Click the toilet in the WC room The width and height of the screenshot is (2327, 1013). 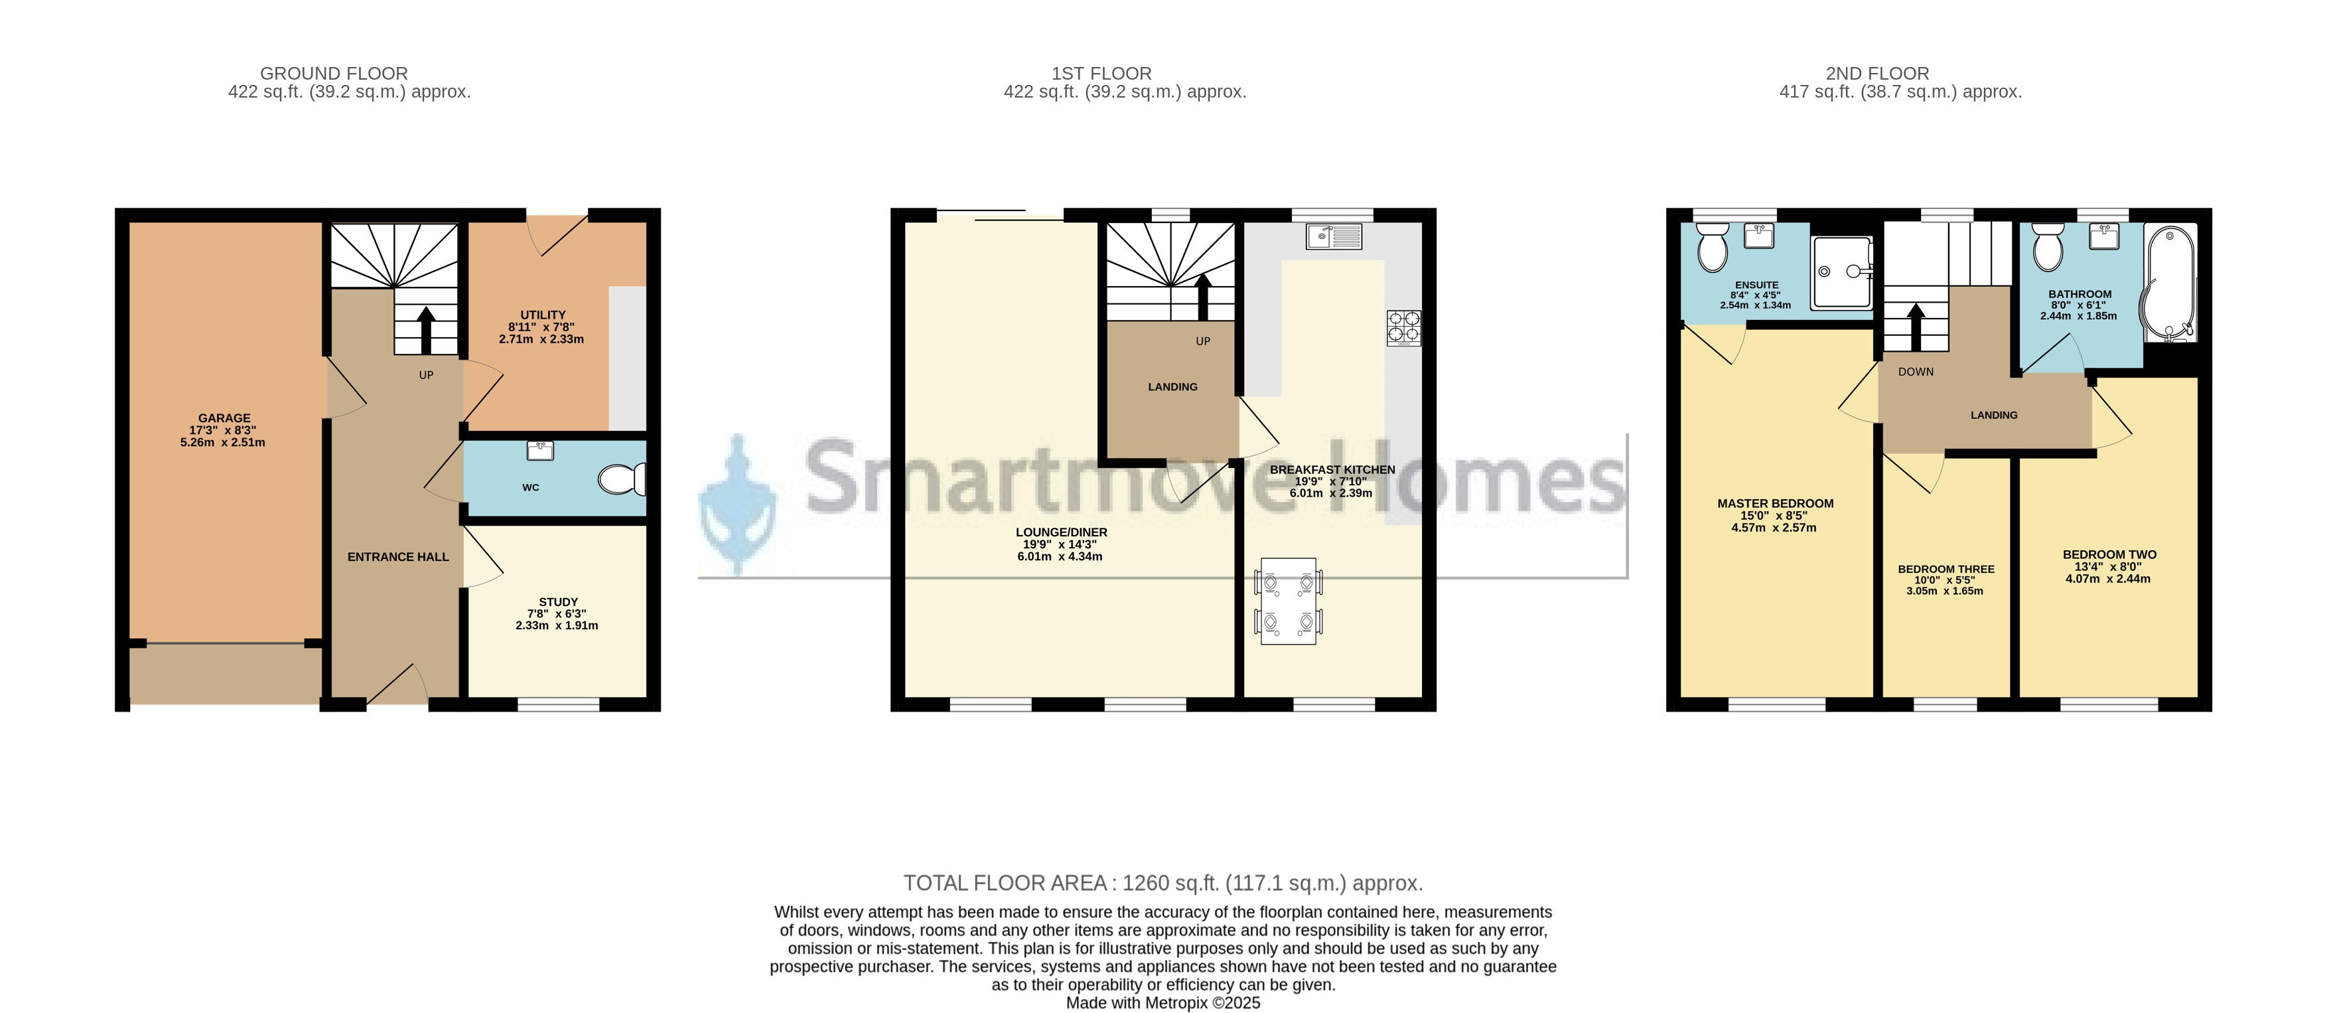622,479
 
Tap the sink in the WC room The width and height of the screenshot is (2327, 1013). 540,450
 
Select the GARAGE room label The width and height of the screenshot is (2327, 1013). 224,418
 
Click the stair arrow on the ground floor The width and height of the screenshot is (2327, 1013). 425,330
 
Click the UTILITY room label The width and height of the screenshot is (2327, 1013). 543,315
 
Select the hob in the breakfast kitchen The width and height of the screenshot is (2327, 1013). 1404,328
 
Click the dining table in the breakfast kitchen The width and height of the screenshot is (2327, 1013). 1288,601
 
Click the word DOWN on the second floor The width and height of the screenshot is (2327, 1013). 1916,371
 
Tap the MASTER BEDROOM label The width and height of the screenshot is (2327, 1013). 1775,503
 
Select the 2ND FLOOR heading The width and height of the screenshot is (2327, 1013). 1877,73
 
